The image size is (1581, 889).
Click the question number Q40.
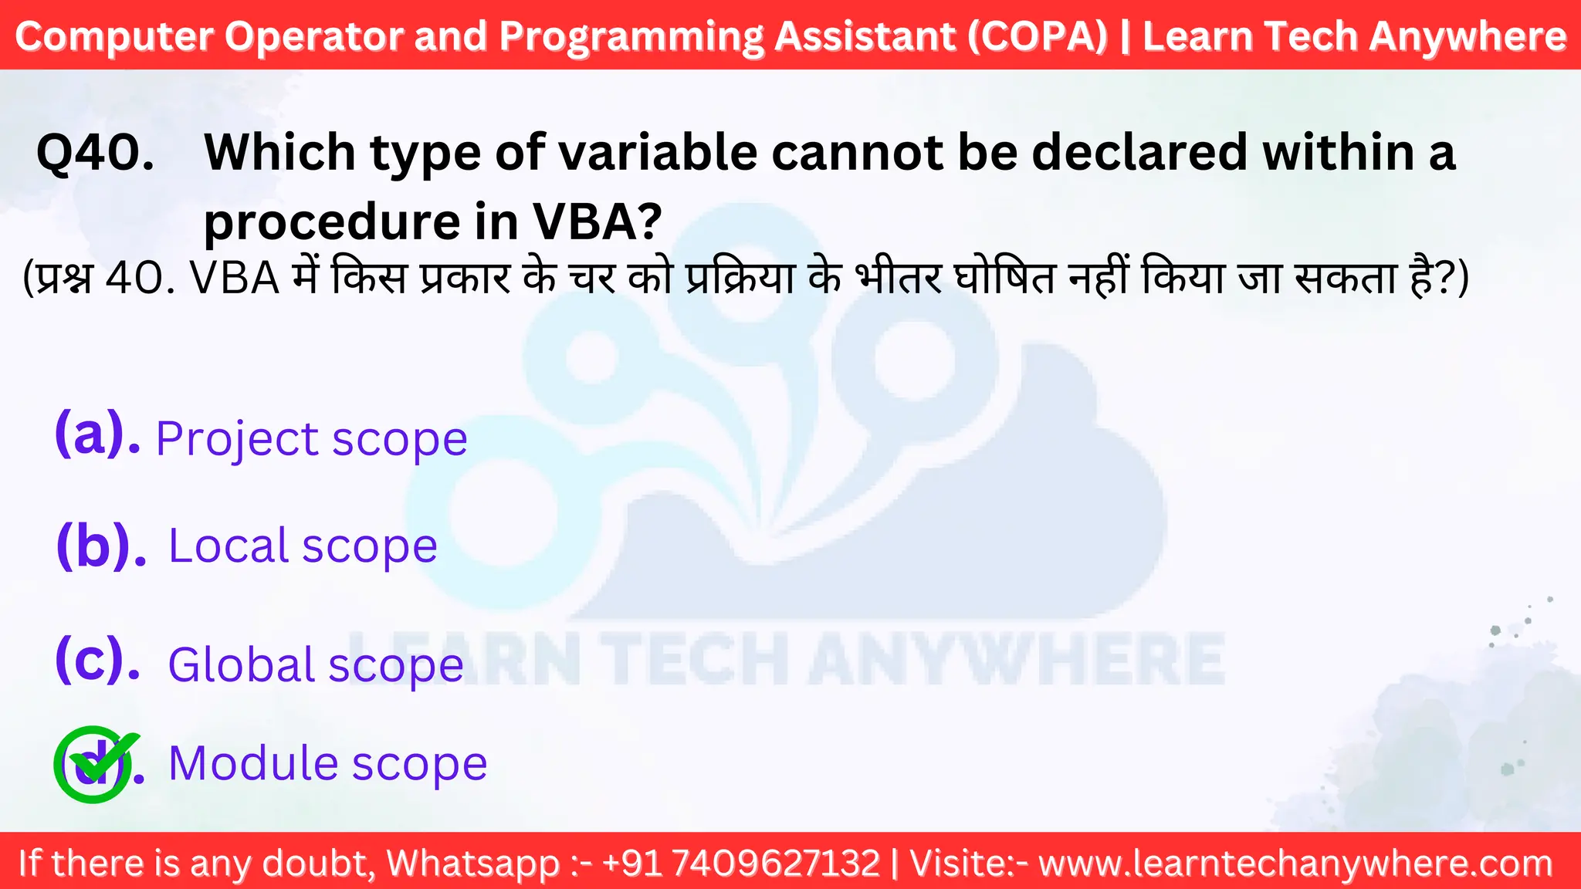tap(96, 153)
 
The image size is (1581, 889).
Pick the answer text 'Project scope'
tap(311, 439)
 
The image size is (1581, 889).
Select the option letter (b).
tap(100, 546)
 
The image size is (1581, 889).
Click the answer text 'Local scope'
tap(303, 546)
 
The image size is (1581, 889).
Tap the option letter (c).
tap(97, 660)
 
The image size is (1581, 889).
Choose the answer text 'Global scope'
tap(315, 664)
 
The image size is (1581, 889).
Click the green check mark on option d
tap(96, 762)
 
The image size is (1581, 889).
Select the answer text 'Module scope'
tap(327, 763)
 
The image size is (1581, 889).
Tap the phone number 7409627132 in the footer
tap(775, 863)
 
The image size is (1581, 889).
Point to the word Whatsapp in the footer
tap(472, 864)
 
